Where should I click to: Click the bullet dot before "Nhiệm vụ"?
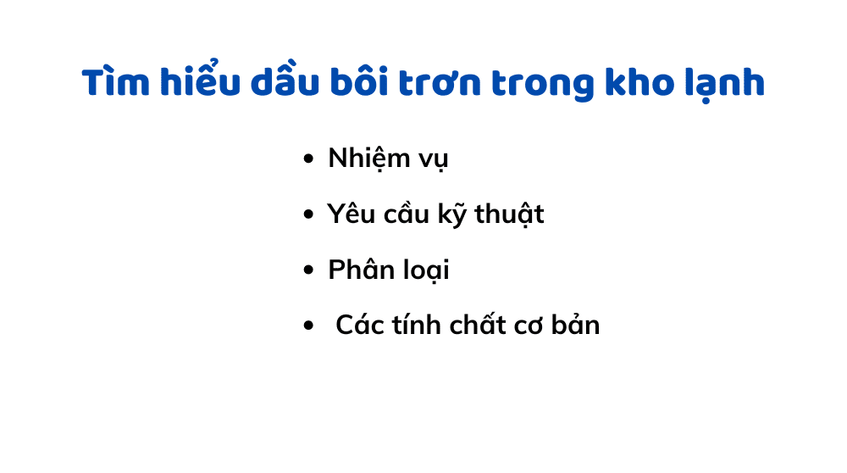(308, 159)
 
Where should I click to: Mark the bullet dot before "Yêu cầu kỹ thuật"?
(308, 215)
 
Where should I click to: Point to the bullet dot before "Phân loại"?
(308, 271)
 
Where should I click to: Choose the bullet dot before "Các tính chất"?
(308, 326)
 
